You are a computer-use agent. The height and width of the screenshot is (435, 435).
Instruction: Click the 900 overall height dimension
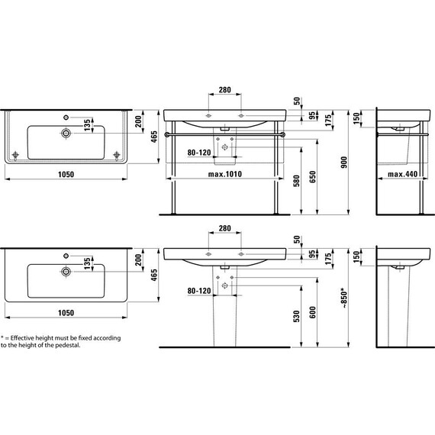344,163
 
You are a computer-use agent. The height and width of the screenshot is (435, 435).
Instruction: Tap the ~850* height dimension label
344,298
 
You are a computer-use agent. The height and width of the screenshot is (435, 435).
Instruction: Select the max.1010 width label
225,174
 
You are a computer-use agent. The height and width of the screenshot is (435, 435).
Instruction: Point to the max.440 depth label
402,174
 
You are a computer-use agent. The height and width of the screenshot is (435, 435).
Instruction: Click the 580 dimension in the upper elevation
297,181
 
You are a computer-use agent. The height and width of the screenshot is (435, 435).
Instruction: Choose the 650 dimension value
312,177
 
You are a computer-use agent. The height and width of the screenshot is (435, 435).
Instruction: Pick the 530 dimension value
297,316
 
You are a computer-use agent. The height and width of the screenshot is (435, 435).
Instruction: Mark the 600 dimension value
312,312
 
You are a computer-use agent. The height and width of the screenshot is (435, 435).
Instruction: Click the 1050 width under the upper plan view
66,175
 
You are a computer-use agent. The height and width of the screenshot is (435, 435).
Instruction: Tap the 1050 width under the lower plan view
66,313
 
